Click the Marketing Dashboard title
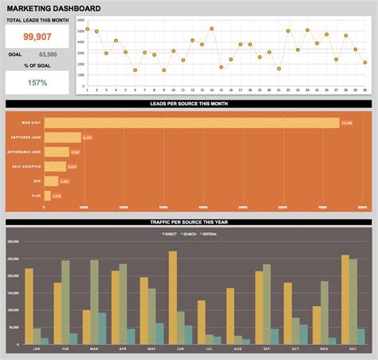pyautogui.click(x=53, y=9)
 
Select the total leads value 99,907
pyautogui.click(x=38, y=37)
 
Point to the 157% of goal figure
pyautogui.click(x=38, y=82)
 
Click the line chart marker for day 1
pyautogui.click(x=88, y=29)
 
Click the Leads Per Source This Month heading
pyautogui.click(x=189, y=105)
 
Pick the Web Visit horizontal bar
pyautogui.click(x=191, y=123)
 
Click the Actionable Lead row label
pyautogui.click(x=26, y=152)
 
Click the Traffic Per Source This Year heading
pyautogui.click(x=189, y=220)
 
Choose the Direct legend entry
pyautogui.click(x=170, y=234)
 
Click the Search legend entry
pyautogui.click(x=190, y=234)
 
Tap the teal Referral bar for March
pyautogui.click(x=102, y=328)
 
